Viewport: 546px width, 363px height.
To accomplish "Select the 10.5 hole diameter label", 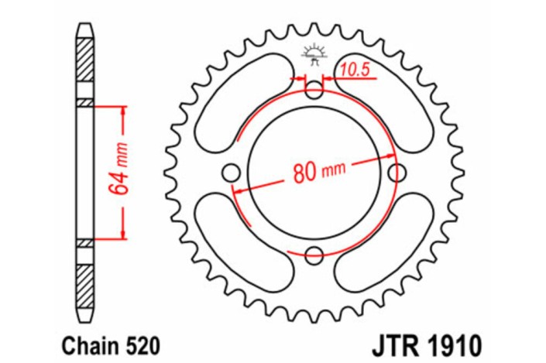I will coord(355,70).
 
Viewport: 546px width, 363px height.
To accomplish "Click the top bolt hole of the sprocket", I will coord(314,91).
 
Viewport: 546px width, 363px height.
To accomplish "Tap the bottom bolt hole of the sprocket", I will coord(314,255).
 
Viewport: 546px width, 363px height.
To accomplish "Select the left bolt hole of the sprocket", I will coord(231,173).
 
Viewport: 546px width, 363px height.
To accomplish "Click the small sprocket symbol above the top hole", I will coord(314,53).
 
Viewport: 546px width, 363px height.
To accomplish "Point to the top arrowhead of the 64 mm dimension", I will coord(122,110).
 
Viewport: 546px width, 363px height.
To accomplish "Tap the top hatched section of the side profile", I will coord(85,66).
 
